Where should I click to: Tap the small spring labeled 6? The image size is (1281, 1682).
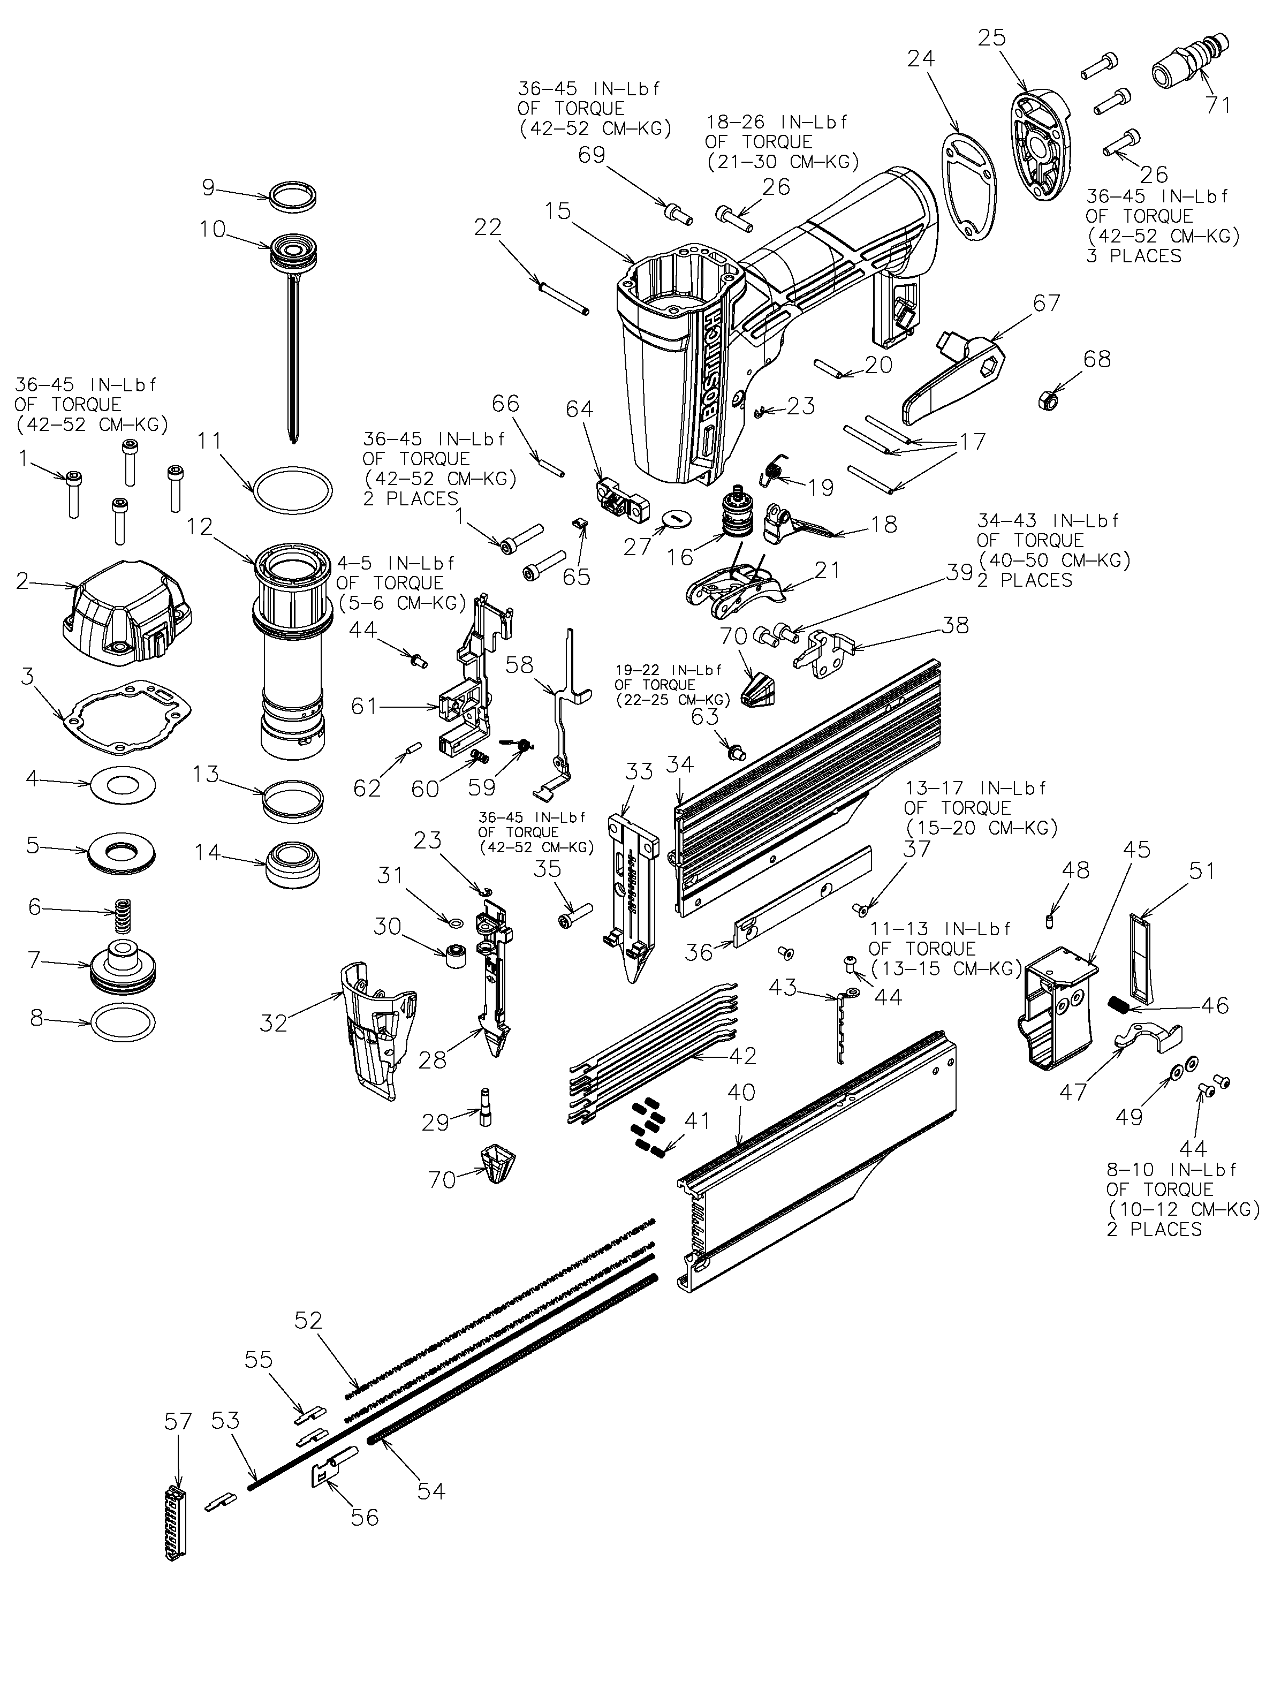click(120, 916)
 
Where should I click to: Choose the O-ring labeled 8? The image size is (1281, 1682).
click(122, 1022)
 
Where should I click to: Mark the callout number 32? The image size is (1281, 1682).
click(273, 1022)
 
